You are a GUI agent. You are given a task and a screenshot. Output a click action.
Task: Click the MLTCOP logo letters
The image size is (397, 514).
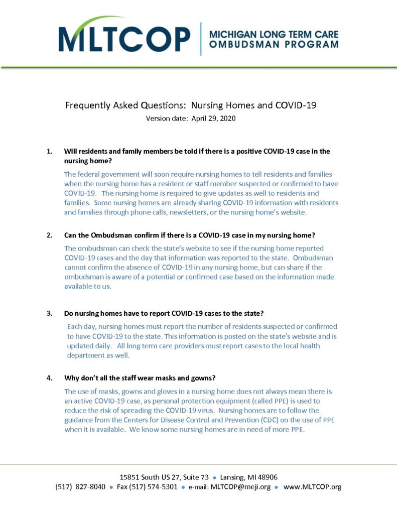(124, 39)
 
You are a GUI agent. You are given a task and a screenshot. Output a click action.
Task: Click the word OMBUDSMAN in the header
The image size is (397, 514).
(239, 44)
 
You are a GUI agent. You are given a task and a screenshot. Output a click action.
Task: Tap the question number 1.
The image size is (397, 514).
(49, 151)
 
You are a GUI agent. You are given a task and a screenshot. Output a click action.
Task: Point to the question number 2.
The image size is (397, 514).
(49, 235)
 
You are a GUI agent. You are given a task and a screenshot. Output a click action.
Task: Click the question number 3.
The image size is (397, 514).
(49, 314)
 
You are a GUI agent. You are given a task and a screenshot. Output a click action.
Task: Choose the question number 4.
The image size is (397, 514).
(49, 378)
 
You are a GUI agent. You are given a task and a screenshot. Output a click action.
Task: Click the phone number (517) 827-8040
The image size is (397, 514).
(80, 487)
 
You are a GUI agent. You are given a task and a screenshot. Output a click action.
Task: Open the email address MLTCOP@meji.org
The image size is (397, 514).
(240, 487)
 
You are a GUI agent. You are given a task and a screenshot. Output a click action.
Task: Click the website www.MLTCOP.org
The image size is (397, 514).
(312, 487)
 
